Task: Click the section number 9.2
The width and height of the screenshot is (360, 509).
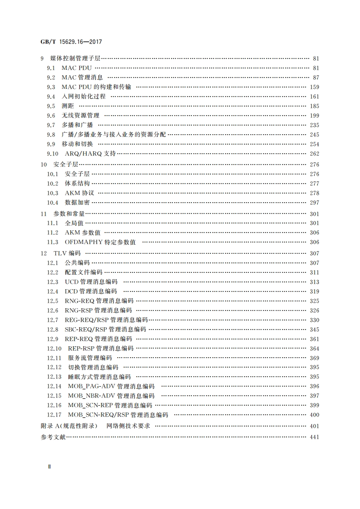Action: coord(51,78)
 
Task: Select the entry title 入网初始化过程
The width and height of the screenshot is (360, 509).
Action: coord(83,97)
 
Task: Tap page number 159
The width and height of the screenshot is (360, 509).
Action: coord(314,87)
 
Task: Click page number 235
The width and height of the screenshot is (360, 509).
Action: coord(314,125)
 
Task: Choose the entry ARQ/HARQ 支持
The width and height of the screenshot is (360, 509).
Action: coord(90,154)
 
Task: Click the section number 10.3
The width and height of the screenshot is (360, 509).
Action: coord(53,193)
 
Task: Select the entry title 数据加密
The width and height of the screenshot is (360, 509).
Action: coord(77,203)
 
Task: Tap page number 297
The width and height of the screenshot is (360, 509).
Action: coord(314,203)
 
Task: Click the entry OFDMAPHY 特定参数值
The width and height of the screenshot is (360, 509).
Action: coord(100,242)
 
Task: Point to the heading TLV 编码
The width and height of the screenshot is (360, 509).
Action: coord(67,253)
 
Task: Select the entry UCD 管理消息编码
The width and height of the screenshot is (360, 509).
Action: coord(91,282)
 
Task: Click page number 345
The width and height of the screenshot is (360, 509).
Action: coord(314,330)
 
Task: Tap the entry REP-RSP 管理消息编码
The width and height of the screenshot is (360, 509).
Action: coord(101,349)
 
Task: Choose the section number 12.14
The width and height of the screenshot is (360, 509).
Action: coord(54,387)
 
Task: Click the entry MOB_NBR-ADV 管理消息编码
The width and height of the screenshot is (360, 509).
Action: coord(111,396)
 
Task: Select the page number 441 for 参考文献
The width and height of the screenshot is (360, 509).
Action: coord(314,437)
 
